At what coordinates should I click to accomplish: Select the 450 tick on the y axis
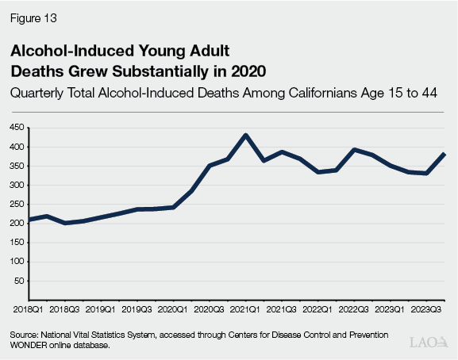[x=15, y=128]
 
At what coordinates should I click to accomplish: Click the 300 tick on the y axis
[x=15, y=186]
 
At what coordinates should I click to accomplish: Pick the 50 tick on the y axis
[x=18, y=281]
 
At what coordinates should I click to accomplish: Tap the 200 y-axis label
[x=15, y=224]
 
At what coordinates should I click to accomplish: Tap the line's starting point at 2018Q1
[x=29, y=220]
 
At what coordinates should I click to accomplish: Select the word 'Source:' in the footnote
[x=24, y=335]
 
